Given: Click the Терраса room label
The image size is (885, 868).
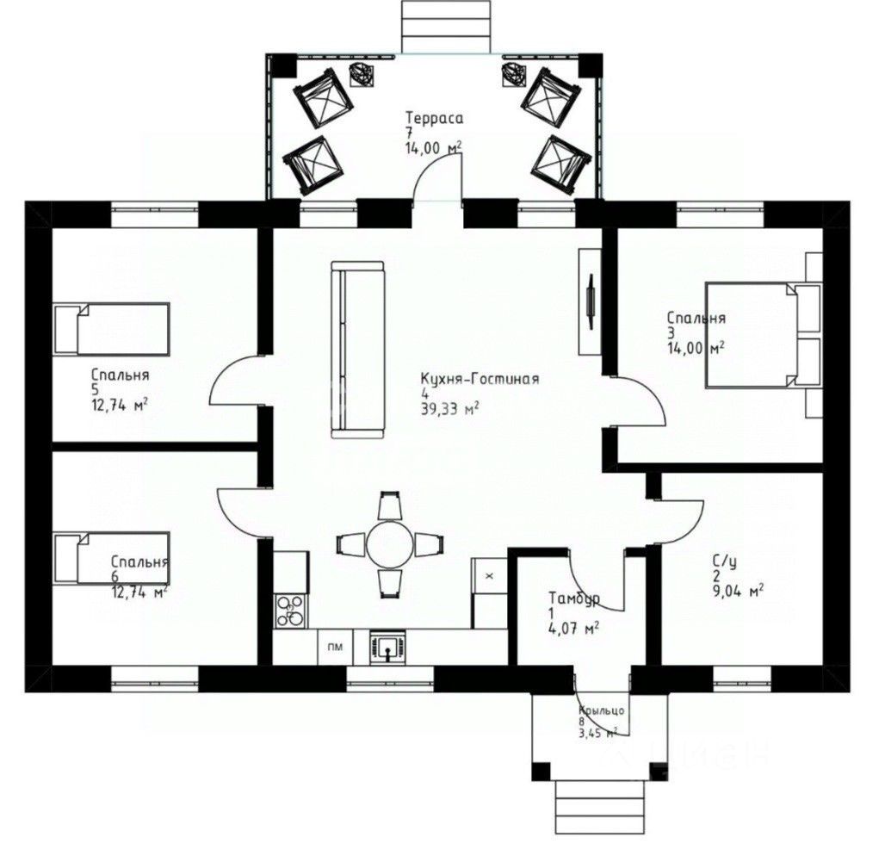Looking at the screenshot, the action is coord(434,119).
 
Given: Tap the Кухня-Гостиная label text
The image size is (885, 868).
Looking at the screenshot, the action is coord(480,378).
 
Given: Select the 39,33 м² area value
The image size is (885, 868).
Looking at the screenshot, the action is coord(450,409).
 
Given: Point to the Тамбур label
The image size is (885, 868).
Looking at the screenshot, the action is coord(574,598).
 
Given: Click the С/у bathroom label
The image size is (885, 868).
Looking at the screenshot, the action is coord(724,561).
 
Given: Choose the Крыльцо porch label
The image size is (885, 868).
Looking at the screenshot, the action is coord(602,710).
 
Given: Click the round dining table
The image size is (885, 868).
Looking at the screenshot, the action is coord(390,544).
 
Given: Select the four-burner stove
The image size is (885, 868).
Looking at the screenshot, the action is coord(291,611).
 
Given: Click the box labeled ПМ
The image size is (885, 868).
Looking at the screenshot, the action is coord(335,648).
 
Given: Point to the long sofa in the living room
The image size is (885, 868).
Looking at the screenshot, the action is coord(357,350).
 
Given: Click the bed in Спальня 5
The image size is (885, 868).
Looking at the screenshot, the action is coord(112,329).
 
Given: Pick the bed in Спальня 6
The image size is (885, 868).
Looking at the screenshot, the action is coord(112,558).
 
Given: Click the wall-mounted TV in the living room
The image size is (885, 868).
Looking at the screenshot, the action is coord(591,301).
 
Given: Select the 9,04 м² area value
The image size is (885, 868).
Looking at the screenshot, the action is coord(739,592).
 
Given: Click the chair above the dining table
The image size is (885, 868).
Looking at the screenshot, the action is coord(390,505).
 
